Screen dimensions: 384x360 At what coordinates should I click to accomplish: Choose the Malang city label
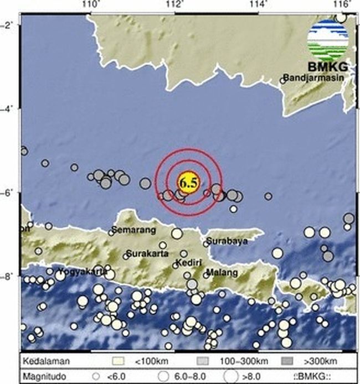(x=222, y=272)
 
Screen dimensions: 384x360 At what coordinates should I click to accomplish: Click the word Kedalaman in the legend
(x=47, y=362)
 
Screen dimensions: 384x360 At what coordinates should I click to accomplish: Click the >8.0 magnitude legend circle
(x=233, y=375)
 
